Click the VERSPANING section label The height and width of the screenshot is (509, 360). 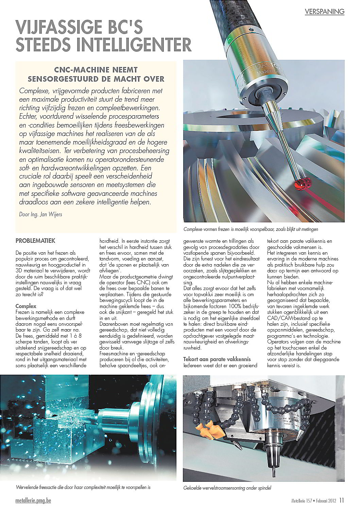click(x=324, y=12)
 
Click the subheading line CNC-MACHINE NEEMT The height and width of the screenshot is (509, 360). click(x=96, y=70)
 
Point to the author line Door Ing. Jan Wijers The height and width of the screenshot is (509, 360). click(x=40, y=215)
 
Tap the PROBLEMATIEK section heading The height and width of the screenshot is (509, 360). click(x=35, y=241)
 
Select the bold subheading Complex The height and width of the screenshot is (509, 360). click(x=26, y=306)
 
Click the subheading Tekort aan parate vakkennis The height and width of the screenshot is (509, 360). click(x=217, y=359)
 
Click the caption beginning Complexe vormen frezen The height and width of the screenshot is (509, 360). click(x=251, y=229)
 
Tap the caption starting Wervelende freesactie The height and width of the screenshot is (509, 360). click(x=83, y=487)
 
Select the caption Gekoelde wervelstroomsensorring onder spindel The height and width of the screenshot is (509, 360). click(x=227, y=488)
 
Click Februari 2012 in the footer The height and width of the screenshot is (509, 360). click(x=325, y=501)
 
